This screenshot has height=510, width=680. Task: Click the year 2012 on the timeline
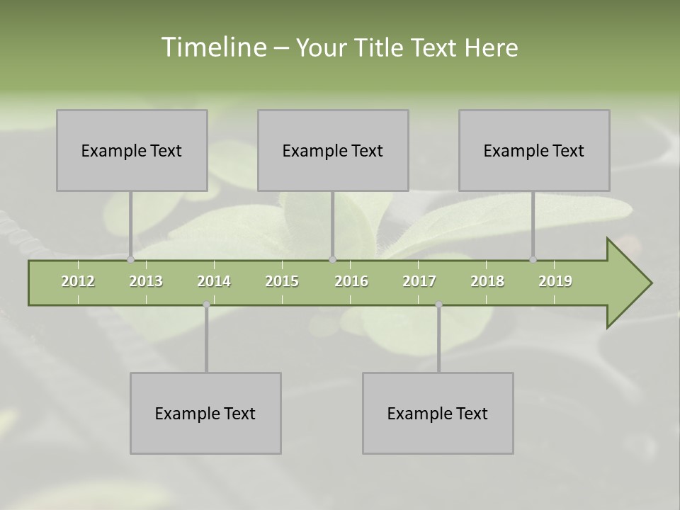tap(78, 281)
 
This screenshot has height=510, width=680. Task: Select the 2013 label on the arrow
tap(146, 281)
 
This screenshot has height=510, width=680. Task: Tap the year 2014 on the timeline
tap(214, 281)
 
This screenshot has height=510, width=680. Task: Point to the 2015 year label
tap(282, 281)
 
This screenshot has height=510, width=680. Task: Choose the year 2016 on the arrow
tap(351, 281)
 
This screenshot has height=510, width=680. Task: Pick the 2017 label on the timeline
tap(419, 281)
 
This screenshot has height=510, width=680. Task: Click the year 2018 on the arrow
tap(487, 281)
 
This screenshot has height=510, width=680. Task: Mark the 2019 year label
tap(555, 281)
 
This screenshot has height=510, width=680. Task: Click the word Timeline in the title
tap(213, 47)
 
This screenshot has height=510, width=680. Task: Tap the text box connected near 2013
tap(132, 150)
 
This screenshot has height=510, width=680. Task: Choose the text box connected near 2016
tap(333, 150)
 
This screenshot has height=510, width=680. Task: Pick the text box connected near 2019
tap(534, 150)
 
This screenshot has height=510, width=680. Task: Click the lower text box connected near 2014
tap(205, 413)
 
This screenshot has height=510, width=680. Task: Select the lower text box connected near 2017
tap(438, 413)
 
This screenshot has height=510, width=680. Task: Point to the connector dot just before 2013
tap(130, 260)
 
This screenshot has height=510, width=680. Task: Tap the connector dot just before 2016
tap(333, 260)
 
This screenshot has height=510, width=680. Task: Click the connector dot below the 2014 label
tap(206, 305)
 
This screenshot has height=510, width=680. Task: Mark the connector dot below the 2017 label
tap(438, 305)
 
